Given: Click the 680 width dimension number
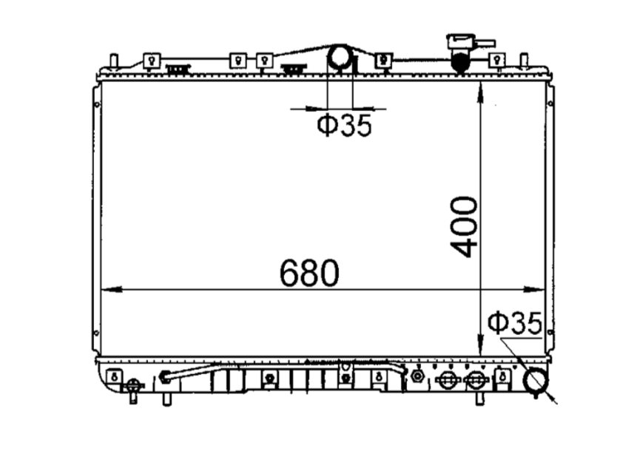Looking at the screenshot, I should coord(309,274).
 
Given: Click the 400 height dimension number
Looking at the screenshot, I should coord(464,226).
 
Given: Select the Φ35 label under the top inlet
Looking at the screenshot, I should coord(344,126).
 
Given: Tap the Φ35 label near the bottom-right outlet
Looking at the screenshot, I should coord(515,323).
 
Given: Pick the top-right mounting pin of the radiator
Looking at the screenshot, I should coord(523,60).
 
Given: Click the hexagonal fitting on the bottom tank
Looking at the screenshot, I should coord(417,377).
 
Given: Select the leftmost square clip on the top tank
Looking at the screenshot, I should coord(152,61).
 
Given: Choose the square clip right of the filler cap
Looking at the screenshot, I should coord(499,60).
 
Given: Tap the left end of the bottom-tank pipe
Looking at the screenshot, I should coord(166,378).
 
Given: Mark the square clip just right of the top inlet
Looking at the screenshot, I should coord(383,61).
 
